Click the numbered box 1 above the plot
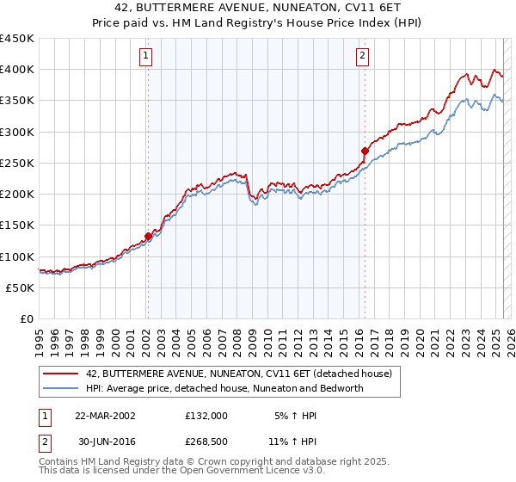[x=146, y=57]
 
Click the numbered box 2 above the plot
[x=363, y=57]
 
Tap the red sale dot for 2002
[x=148, y=236]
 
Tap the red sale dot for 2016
[x=365, y=151]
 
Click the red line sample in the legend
[x=61, y=374]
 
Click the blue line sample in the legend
[x=61, y=388]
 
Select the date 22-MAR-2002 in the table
[x=105, y=415]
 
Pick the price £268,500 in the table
[x=206, y=443]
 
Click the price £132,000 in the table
[x=206, y=415]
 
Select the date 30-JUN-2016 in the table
[x=105, y=443]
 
